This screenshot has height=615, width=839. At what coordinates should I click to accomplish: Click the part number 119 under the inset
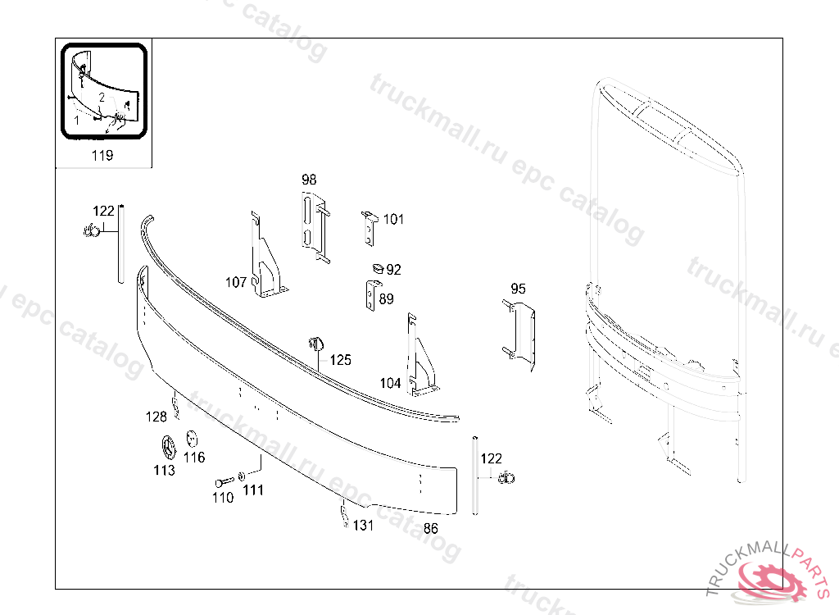(102, 155)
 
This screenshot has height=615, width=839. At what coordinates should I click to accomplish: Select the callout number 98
(309, 180)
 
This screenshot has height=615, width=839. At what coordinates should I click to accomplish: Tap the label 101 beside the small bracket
(393, 219)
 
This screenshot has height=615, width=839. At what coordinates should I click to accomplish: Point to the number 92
(394, 270)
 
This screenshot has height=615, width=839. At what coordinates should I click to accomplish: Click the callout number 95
(518, 289)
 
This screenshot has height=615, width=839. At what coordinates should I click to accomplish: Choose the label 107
(236, 282)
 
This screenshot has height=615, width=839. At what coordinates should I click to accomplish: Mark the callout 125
(340, 360)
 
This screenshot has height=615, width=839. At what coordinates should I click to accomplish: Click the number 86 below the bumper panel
(431, 529)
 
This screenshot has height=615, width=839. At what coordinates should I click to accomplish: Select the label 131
(363, 526)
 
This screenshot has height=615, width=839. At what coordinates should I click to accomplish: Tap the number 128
(156, 417)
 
